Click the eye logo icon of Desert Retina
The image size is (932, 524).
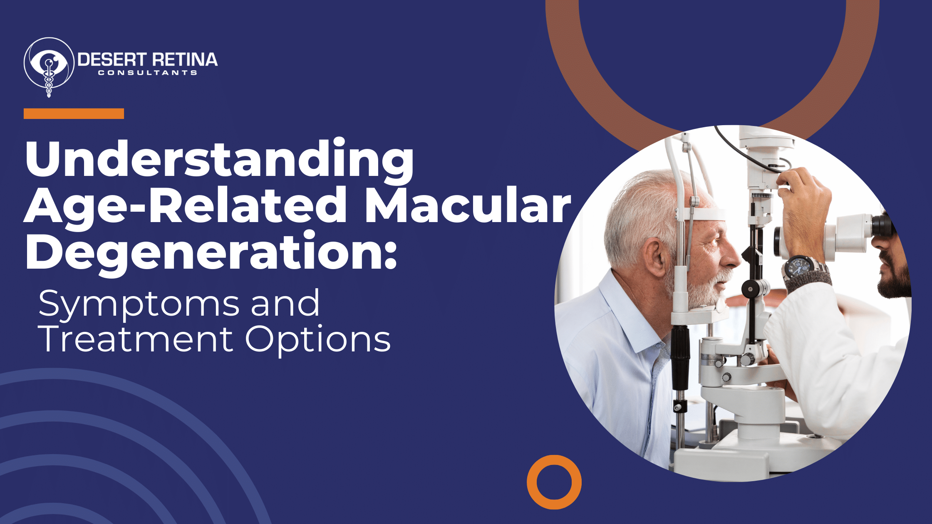pos(49,67)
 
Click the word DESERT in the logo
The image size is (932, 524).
pos(112,60)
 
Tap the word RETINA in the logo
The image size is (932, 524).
pos(184,60)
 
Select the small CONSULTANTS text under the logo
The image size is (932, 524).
pos(147,73)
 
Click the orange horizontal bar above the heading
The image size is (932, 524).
pos(74,114)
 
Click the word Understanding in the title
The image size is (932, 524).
pos(219,160)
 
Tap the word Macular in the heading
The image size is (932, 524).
pos(467,207)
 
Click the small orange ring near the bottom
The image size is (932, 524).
pos(554,482)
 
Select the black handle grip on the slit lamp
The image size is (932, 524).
pos(680,358)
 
